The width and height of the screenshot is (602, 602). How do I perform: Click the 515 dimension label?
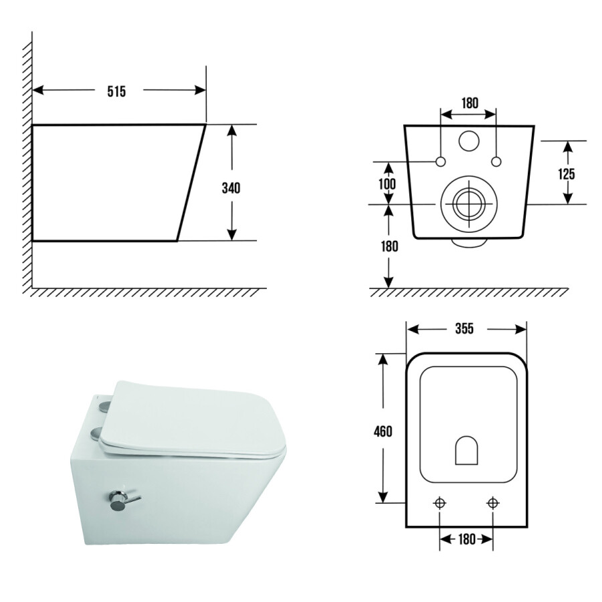[x=116, y=92]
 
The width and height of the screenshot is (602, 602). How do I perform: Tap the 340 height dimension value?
[x=231, y=188]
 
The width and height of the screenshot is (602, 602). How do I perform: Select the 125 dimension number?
[x=567, y=174]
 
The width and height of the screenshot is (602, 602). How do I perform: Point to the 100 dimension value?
[x=387, y=184]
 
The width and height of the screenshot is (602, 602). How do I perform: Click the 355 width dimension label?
[x=465, y=328]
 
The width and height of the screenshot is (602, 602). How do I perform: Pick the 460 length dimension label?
[x=383, y=431]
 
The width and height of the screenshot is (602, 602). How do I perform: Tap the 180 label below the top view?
[x=467, y=539]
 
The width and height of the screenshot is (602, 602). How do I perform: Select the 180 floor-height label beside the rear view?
[x=389, y=246]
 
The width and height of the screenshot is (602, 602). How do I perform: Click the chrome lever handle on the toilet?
[x=123, y=500]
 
